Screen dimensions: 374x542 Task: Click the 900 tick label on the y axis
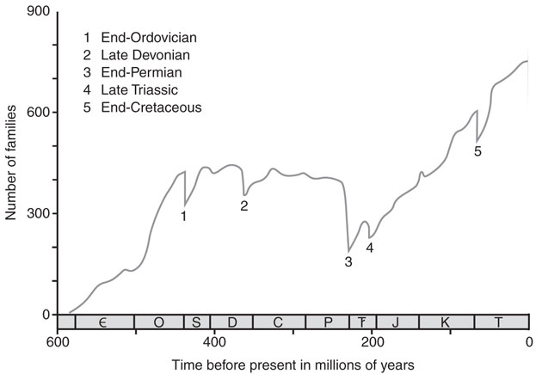click(x=36, y=12)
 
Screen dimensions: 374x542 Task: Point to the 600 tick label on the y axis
click(x=36, y=113)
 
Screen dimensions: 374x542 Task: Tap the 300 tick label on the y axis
click(x=36, y=213)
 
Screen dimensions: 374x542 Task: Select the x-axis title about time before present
click(x=293, y=365)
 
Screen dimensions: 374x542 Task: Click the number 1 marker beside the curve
click(x=183, y=216)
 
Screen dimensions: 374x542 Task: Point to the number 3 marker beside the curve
click(x=348, y=262)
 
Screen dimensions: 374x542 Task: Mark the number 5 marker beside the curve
click(x=477, y=151)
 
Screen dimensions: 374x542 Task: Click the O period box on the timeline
click(x=157, y=322)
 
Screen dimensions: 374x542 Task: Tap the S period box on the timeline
click(x=195, y=322)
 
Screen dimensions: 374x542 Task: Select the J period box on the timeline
click(x=396, y=322)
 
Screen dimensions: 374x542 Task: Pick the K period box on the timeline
click(x=446, y=322)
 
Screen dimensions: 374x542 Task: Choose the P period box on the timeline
click(x=328, y=322)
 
